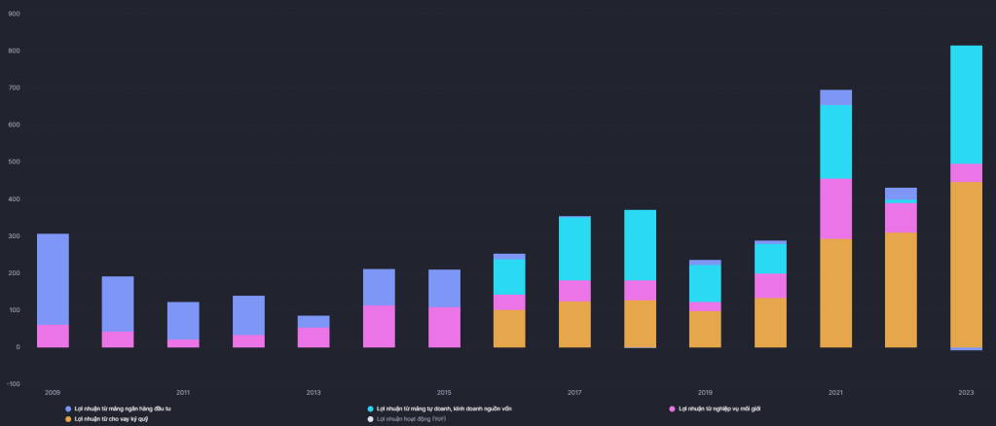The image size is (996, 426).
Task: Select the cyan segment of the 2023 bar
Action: pos(966,104)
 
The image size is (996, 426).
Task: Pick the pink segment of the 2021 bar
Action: pos(835,208)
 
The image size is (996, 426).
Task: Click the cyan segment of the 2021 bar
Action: pos(835,141)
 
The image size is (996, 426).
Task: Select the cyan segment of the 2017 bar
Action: pos(574,248)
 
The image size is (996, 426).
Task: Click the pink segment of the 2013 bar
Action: pos(314,337)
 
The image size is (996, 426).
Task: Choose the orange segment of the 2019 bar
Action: pos(705,329)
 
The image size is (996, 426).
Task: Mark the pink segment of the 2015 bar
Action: pos(444,327)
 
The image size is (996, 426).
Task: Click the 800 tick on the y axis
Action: pos(14,51)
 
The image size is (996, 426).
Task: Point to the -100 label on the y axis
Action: pos(13,384)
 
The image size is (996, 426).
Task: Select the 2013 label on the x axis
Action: pos(314,392)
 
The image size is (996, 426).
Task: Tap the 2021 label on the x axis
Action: pos(835,392)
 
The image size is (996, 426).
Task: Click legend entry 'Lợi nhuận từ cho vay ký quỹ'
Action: pos(112,419)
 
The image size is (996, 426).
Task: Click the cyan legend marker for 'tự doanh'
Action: pos(371,408)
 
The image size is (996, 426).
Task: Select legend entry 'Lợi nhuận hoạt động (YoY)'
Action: pos(410,419)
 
